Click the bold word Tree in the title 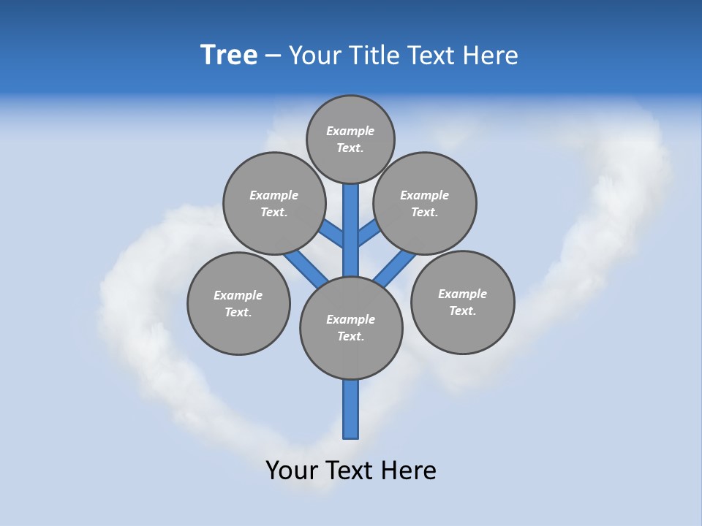coord(229,56)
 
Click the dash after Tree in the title coord(273,57)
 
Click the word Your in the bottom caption coord(291,470)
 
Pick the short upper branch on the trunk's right coord(369,234)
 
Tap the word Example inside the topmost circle coord(350,131)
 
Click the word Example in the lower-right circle coord(462,294)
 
